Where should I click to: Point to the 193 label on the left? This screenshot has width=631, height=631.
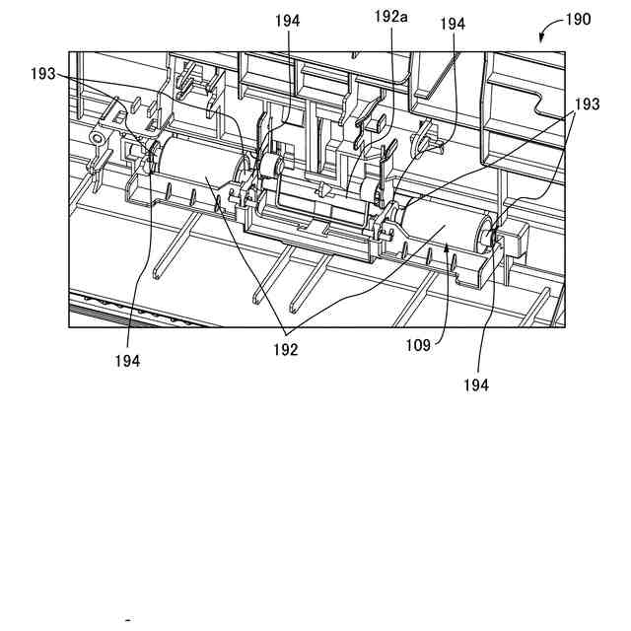coord(44,75)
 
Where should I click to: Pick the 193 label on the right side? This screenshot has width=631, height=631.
coord(588,104)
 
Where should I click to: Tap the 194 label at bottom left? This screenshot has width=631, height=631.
coord(126,361)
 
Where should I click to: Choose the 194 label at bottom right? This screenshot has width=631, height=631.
coord(475,386)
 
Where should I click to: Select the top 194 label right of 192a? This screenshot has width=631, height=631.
coord(453,23)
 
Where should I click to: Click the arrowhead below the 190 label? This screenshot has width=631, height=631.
coord(542,39)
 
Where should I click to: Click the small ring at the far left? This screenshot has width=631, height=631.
coord(98,139)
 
